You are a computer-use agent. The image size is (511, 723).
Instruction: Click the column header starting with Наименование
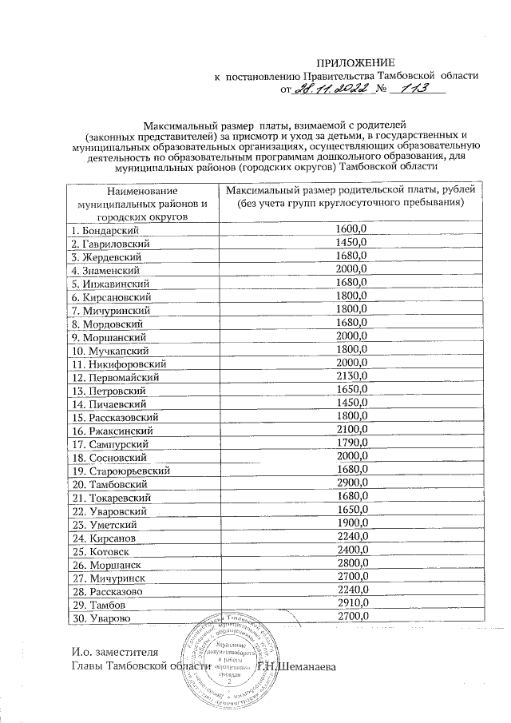139,203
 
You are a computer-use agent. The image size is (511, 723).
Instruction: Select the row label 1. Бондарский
101,229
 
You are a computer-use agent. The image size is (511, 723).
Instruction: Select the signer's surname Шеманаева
307,666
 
